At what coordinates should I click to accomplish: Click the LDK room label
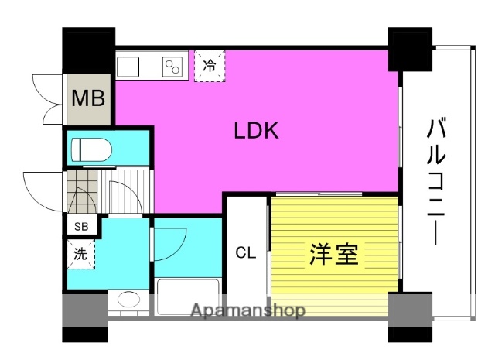pos(257,132)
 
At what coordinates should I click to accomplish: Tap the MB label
pos(89,98)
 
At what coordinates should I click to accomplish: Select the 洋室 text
pos(334,254)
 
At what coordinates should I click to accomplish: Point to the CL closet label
pos(245,252)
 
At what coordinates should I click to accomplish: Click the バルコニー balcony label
pos(435,182)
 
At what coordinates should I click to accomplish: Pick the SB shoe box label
pos(80,227)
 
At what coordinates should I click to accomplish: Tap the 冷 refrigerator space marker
pos(209,67)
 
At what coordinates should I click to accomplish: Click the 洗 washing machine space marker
pos(80,252)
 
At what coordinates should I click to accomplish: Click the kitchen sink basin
pos(129,66)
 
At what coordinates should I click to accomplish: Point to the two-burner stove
pos(172,67)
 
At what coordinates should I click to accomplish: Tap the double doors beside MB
pos(48,98)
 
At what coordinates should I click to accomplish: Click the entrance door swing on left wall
pos(43,188)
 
